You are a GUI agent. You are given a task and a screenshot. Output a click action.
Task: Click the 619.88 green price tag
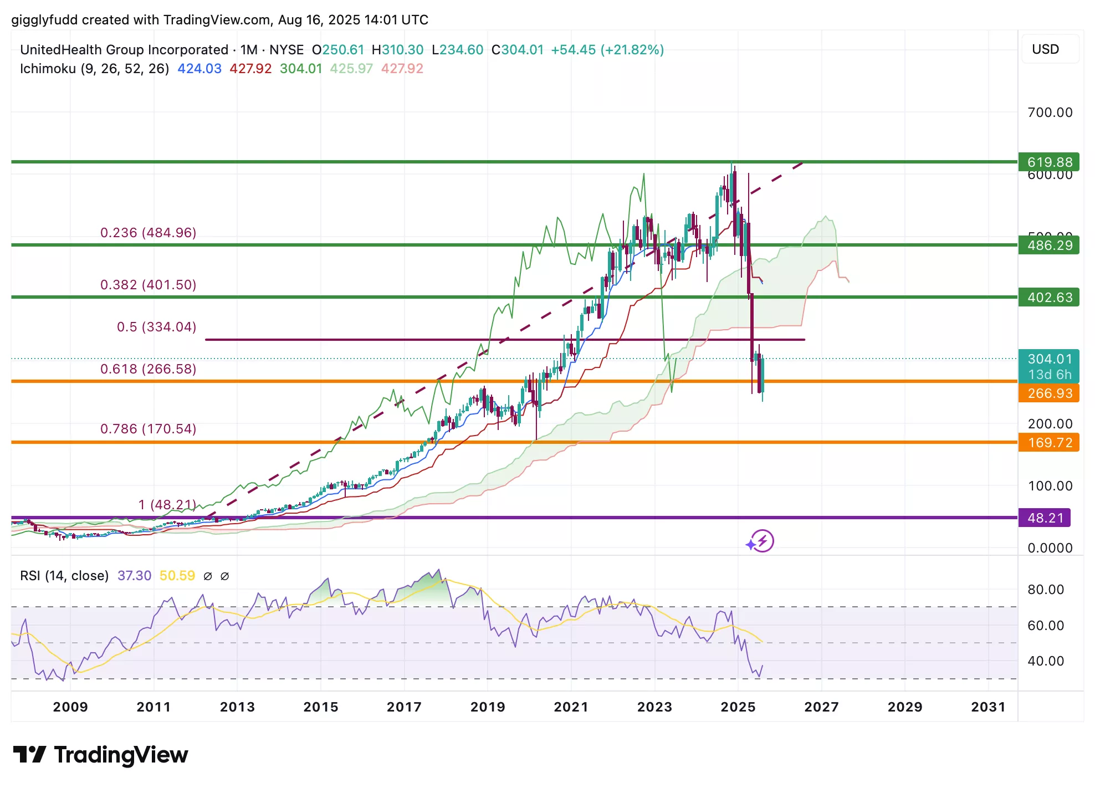pos(1049,162)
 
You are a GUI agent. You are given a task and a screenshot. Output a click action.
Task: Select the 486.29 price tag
pos(1049,245)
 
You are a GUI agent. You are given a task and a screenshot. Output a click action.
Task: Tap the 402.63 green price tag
pos(1049,297)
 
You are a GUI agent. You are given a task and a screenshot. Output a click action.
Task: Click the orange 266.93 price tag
pos(1049,393)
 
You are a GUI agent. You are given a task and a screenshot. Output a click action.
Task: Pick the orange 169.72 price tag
pos(1049,443)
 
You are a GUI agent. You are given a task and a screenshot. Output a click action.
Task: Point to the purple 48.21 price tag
pos(1045,518)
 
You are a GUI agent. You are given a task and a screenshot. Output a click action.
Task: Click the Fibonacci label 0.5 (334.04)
pos(156,327)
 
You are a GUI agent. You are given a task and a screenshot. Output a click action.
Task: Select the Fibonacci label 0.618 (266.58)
pos(148,369)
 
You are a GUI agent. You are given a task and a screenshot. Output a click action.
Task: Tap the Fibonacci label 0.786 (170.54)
pos(148,429)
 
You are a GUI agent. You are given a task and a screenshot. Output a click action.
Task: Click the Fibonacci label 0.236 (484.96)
pos(148,233)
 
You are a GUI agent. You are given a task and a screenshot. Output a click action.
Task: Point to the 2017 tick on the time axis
pos(404,707)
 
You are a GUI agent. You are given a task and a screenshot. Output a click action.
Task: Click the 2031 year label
pos(988,707)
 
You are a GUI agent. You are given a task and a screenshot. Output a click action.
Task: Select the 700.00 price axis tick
pos(1050,112)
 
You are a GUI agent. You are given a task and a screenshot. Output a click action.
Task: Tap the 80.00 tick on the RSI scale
pos(1046,590)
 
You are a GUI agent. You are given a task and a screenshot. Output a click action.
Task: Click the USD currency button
pos(1045,49)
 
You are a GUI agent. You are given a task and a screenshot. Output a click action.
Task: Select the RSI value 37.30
pos(134,576)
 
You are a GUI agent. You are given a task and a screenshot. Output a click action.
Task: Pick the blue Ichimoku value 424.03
pos(199,69)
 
